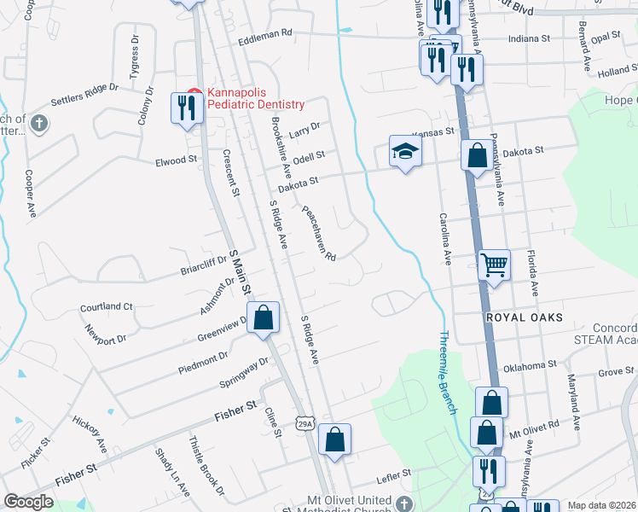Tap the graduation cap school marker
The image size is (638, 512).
pyautogui.click(x=406, y=152)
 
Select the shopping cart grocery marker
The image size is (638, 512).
pyautogui.click(x=493, y=265)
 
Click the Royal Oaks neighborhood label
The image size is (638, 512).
pyautogui.click(x=525, y=317)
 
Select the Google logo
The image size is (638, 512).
pyautogui.click(x=28, y=502)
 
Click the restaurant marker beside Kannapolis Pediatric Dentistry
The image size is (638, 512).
pyautogui.click(x=187, y=108)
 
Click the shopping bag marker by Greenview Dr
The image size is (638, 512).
pyautogui.click(x=264, y=317)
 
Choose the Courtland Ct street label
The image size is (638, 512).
pyautogui.click(x=106, y=306)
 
